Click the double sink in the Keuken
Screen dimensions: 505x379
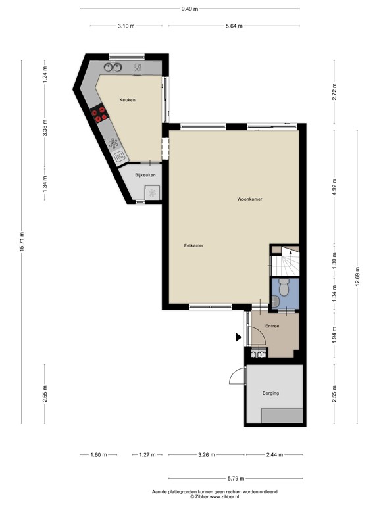[x=113, y=67]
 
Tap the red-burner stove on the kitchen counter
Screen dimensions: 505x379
[x=100, y=114]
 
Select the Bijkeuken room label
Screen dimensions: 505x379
[x=145, y=175]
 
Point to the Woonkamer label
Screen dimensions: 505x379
[x=250, y=199]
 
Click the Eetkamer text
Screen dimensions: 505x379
[x=193, y=245]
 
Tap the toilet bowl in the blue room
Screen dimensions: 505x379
[x=284, y=287]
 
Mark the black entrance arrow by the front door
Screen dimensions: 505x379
[x=238, y=338]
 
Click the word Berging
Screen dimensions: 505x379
[x=270, y=393]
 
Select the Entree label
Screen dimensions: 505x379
[x=272, y=326]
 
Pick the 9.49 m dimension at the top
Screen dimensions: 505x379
[x=190, y=9]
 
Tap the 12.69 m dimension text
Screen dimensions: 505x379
[x=357, y=274]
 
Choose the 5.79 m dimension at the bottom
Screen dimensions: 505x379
[x=236, y=479]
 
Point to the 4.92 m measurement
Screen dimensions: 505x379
[x=334, y=187]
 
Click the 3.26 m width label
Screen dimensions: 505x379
[x=207, y=454]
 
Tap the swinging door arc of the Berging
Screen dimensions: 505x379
[x=235, y=376]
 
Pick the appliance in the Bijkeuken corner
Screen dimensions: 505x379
[x=153, y=193]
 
